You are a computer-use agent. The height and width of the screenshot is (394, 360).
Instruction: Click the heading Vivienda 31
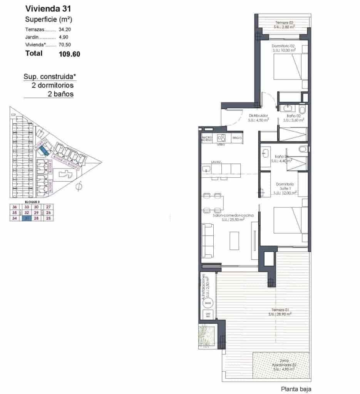pyautogui.click(x=48, y=8)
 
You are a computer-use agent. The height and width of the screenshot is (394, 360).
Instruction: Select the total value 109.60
pyautogui.click(x=69, y=54)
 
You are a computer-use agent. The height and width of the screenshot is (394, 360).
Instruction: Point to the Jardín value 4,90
pyautogui.click(x=63, y=37)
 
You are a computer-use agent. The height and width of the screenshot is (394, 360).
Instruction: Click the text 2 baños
pyautogui.click(x=60, y=94)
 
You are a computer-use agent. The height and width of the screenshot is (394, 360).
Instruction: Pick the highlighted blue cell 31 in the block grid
pyautogui.click(x=27, y=218)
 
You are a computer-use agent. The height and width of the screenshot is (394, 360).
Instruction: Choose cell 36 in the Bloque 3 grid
pyautogui.click(x=15, y=207)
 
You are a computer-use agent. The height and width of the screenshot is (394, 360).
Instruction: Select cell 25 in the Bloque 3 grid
pyautogui.click(x=48, y=218)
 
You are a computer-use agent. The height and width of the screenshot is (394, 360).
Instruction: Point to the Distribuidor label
pyautogui.click(x=258, y=115)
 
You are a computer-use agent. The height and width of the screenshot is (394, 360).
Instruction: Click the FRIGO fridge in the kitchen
pyautogui.click(x=236, y=137)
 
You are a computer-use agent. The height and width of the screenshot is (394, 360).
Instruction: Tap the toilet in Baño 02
pyautogui.click(x=302, y=111)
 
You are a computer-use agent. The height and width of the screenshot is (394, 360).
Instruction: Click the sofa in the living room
pyautogui.click(x=208, y=240)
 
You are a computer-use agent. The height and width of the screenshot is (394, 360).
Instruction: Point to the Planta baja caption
pyautogui.click(x=296, y=389)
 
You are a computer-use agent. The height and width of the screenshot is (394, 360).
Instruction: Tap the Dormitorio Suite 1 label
pyautogui.click(x=285, y=189)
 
